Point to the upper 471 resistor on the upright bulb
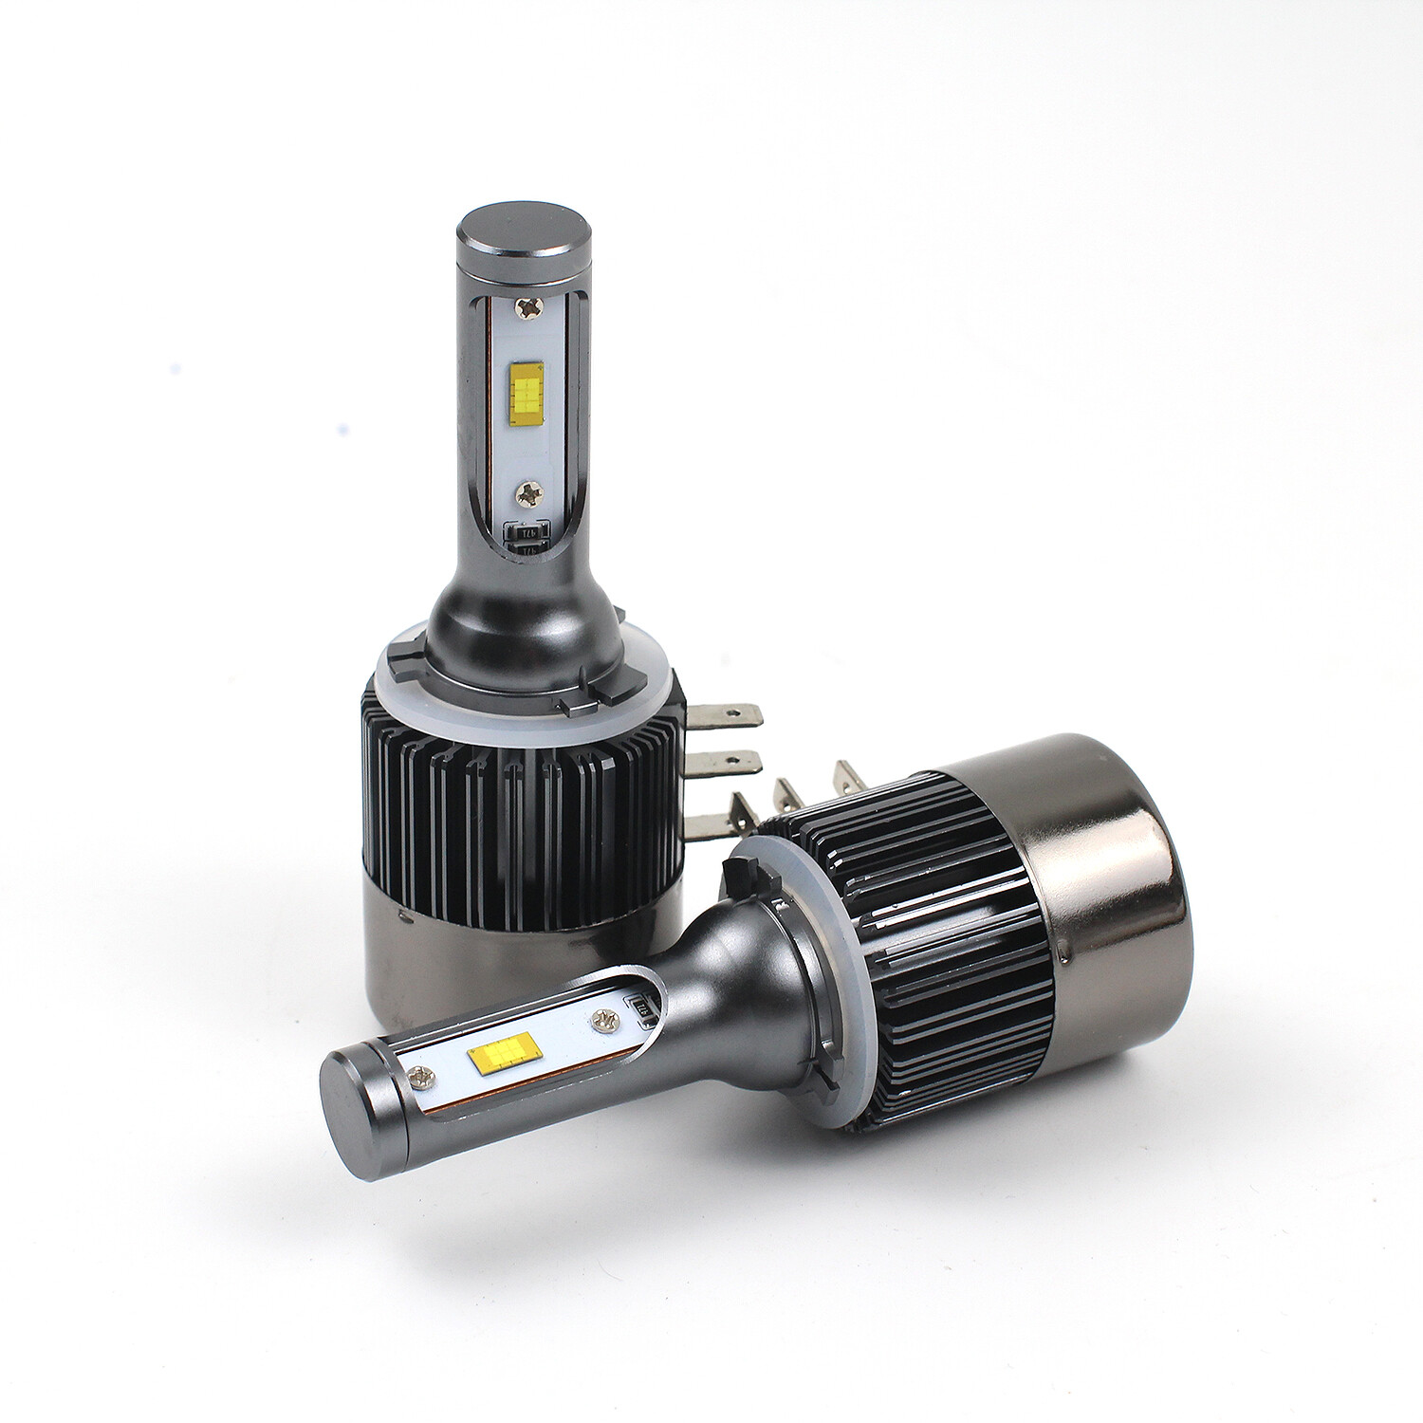click(x=528, y=532)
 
